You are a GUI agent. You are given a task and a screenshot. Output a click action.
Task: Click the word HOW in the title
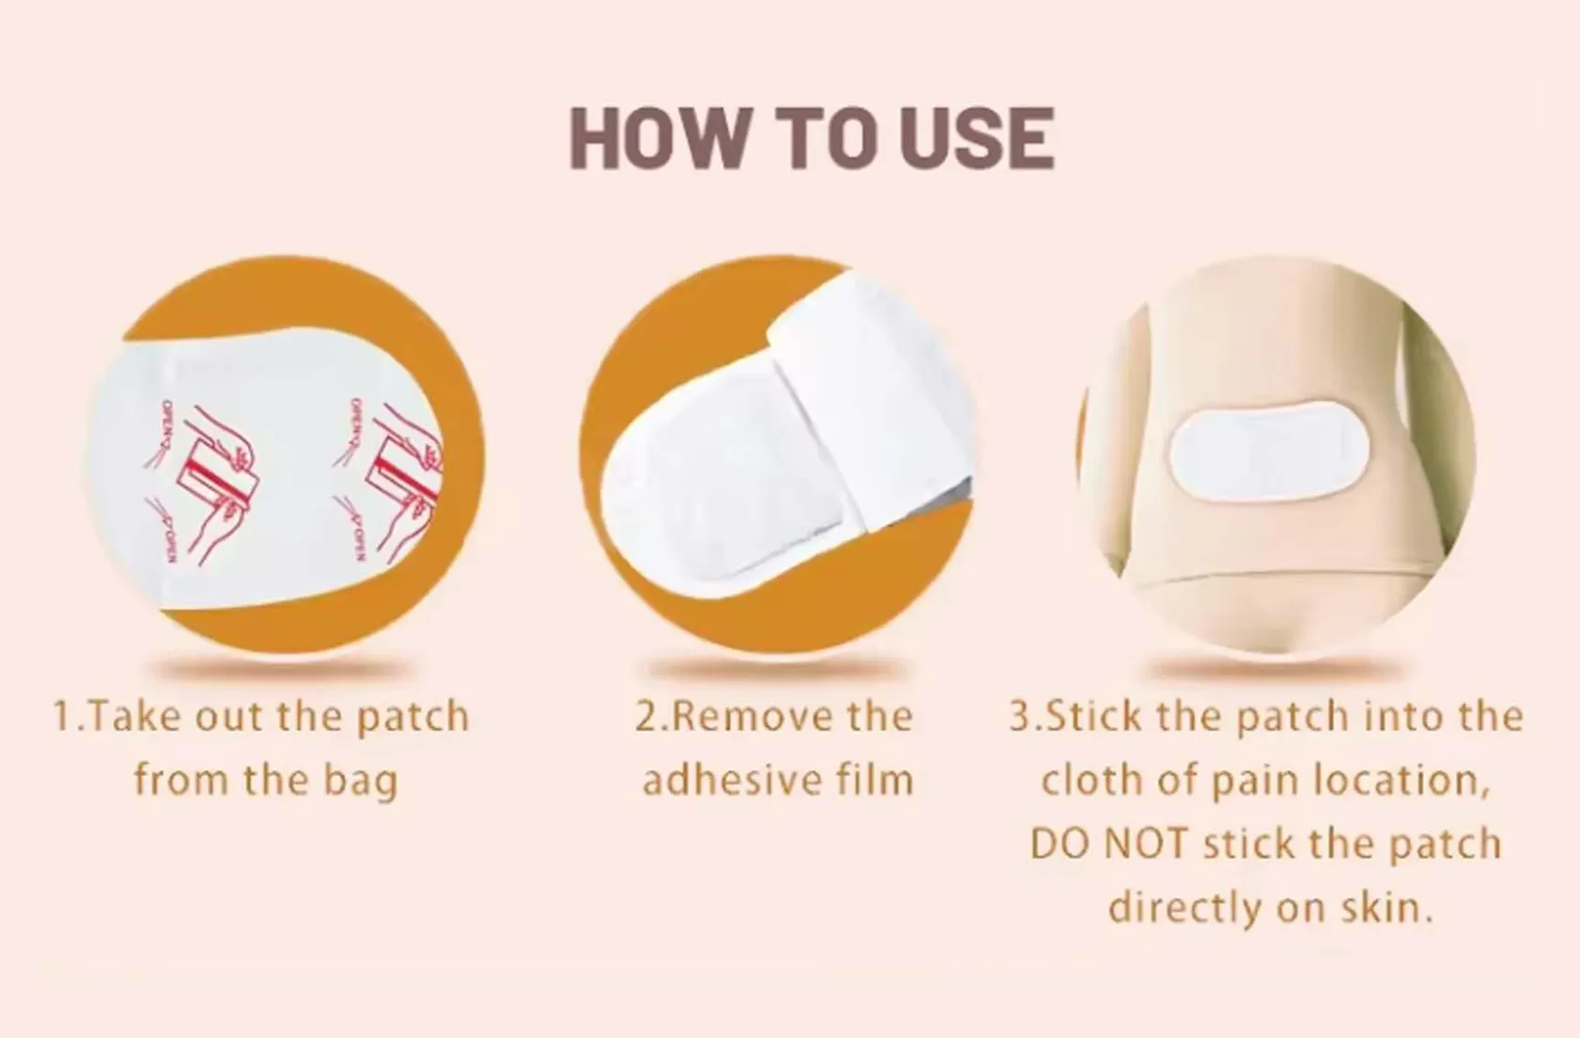click(x=656, y=139)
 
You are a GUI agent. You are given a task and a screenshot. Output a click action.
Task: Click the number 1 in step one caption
click(x=62, y=716)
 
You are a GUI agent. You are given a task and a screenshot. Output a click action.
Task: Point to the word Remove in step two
click(x=733, y=716)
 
